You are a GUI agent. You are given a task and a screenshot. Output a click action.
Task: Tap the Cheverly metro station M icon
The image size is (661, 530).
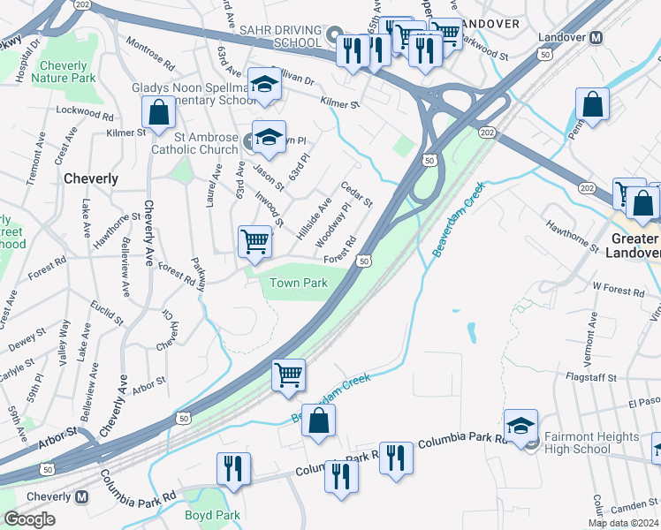[81, 497]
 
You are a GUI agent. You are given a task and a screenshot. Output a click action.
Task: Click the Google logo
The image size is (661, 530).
[29, 519]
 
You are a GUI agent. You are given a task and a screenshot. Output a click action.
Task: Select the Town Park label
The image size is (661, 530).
[298, 283]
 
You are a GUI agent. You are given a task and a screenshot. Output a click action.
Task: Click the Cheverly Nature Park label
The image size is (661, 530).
[63, 72]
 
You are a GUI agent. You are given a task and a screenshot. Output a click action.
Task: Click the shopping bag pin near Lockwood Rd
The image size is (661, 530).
[158, 112]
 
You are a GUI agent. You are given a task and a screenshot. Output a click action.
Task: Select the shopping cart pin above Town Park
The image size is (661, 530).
[255, 240]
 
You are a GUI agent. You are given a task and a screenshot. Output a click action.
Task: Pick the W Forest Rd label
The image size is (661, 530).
[619, 288]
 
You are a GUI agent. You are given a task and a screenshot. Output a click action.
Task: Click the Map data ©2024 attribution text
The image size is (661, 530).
[623, 523]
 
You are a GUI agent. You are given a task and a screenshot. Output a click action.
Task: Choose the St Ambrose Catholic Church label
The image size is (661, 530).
[206, 143]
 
